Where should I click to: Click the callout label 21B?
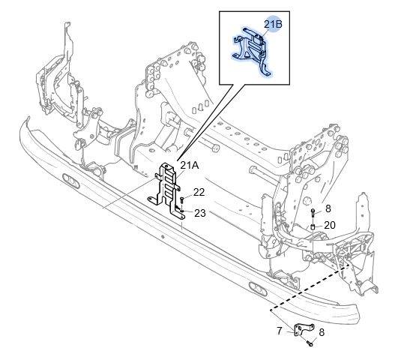coord(273,24)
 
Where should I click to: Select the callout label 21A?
coord(189,166)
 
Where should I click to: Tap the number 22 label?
coord(199,193)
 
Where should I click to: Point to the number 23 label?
coord(200,213)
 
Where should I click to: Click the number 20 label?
coord(330,225)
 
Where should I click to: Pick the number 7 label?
coord(280,331)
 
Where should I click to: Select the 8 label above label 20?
coord(328,208)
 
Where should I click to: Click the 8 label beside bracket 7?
coord(322,332)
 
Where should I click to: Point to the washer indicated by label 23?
coord(182,211)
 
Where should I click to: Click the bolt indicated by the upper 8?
coord(313,213)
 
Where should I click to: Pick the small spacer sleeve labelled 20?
coord(313,227)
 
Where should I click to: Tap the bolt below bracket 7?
coord(310,343)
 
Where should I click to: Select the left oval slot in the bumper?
coord(71,181)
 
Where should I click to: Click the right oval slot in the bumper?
coord(259,289)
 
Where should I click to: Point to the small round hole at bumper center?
coord(163,236)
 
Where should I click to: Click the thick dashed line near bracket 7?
coord(310,287)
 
